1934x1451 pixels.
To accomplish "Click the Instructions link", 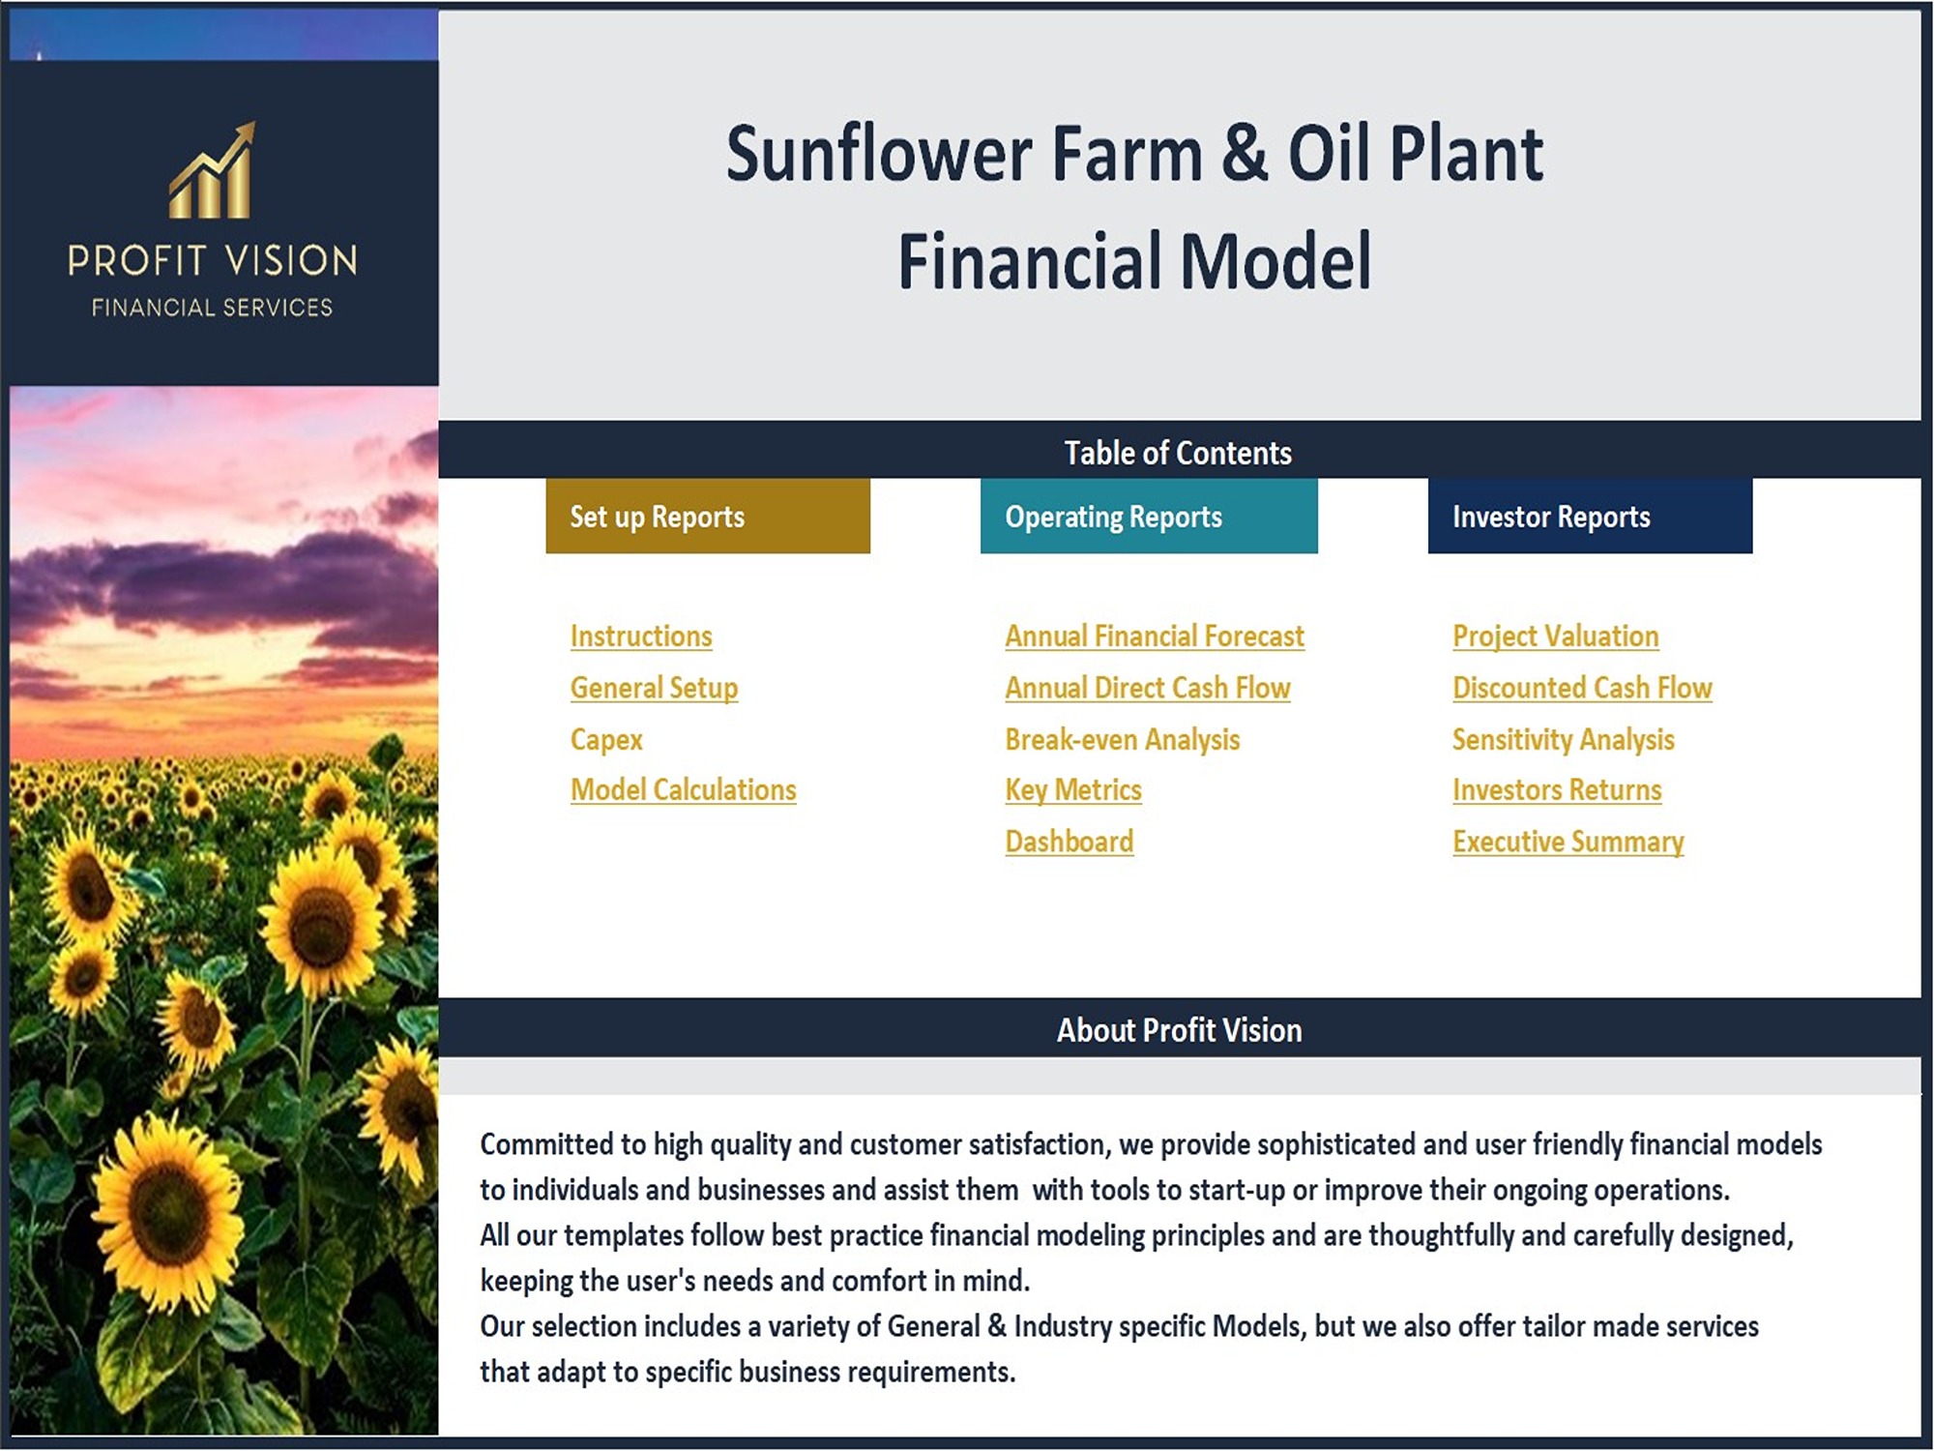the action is coord(641,637).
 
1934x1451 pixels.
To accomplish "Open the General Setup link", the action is coord(654,688).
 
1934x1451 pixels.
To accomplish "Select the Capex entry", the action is coord(606,740).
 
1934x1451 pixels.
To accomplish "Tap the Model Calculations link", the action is coord(684,790).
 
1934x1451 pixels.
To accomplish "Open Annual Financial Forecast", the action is coord(1155,637).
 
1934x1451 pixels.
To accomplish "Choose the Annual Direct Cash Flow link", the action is coord(1148,688).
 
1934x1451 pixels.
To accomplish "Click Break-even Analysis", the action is coord(1122,740).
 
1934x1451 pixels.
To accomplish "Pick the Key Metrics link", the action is coord(1073,790).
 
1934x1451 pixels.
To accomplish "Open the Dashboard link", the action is coord(1070,842).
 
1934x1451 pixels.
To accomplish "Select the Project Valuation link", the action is coord(1556,637).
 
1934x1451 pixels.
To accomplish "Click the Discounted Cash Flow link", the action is coord(1582,688).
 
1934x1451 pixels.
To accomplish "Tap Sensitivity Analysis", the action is coord(1563,740).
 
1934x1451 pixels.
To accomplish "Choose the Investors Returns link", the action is coord(1557,790).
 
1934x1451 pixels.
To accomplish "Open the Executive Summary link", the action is coord(1568,842).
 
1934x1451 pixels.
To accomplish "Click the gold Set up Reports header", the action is coord(708,517).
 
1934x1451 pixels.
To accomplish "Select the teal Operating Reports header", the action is coord(1149,517).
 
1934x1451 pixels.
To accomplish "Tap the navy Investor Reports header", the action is coord(1590,517).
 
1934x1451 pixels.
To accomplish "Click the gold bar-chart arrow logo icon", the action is coord(212,170).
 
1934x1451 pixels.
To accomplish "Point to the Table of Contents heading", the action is coord(1178,453).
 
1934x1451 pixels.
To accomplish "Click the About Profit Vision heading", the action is coord(1179,1030).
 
